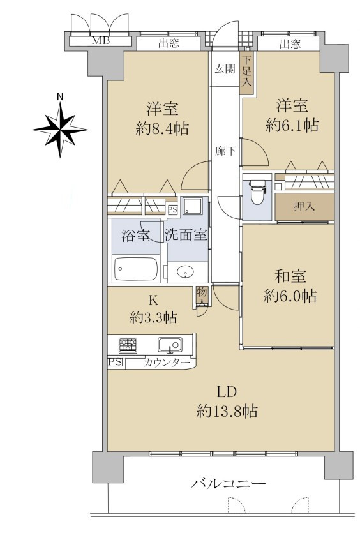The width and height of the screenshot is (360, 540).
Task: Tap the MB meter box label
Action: (101, 41)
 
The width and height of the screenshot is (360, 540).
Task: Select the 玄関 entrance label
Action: (225, 69)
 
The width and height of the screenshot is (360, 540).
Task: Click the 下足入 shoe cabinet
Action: (247, 72)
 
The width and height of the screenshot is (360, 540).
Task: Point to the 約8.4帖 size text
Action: (162, 129)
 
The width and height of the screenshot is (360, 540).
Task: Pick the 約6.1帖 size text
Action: (292, 126)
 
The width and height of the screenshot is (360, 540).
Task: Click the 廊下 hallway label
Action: (225, 151)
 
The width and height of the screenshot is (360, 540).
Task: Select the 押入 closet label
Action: (304, 207)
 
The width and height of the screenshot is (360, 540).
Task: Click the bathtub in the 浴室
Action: (136, 269)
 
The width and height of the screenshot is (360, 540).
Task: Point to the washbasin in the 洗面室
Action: (185, 272)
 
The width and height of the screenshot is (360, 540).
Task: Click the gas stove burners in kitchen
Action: (128, 345)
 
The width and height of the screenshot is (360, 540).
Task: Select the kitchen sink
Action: (170, 345)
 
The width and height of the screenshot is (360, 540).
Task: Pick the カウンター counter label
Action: (167, 363)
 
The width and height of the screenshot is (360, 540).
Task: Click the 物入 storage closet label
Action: (202, 297)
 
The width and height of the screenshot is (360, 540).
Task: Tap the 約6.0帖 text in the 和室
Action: (290, 296)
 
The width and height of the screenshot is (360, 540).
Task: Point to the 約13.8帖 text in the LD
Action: (227, 411)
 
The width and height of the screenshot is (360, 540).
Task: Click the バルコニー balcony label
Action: (229, 484)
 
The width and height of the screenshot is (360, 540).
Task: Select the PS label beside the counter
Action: (116, 363)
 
